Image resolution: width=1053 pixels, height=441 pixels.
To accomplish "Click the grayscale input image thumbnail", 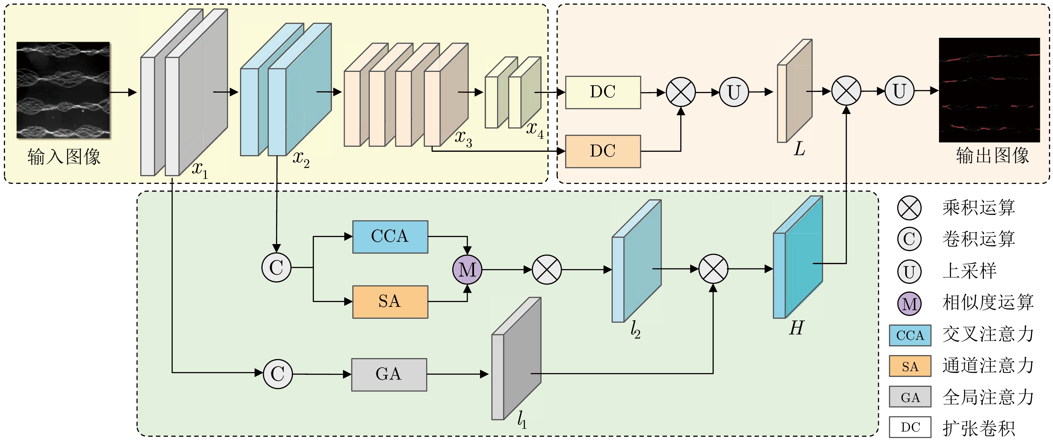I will [x=64, y=90].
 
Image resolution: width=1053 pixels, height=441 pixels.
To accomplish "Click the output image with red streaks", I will [x=989, y=90].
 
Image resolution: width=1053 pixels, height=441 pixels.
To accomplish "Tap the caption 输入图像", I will [x=64, y=157].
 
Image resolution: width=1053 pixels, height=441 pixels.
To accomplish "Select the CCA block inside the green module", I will [x=390, y=237].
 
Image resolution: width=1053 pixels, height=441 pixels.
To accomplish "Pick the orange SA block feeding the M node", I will [x=390, y=302].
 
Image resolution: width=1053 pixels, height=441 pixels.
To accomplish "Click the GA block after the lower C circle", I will [x=389, y=374].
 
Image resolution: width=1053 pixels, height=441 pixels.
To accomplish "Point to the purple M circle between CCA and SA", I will [x=467, y=270].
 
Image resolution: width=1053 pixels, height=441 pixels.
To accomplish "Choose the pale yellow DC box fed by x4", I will [x=603, y=92].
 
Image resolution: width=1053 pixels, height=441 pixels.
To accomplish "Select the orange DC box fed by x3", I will [x=603, y=151].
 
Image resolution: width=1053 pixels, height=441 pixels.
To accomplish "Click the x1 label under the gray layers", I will [x=200, y=169].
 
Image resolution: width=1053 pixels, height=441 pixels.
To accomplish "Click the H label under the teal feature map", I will [x=796, y=328].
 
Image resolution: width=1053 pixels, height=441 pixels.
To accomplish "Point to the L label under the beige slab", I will [x=799, y=149].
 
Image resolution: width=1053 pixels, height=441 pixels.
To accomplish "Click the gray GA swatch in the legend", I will [x=910, y=397].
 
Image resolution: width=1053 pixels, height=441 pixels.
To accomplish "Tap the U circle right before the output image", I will [x=899, y=91].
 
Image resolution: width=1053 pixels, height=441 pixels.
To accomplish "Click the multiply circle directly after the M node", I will [x=547, y=270].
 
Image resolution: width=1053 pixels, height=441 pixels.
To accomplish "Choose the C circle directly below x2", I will [x=276, y=268].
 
